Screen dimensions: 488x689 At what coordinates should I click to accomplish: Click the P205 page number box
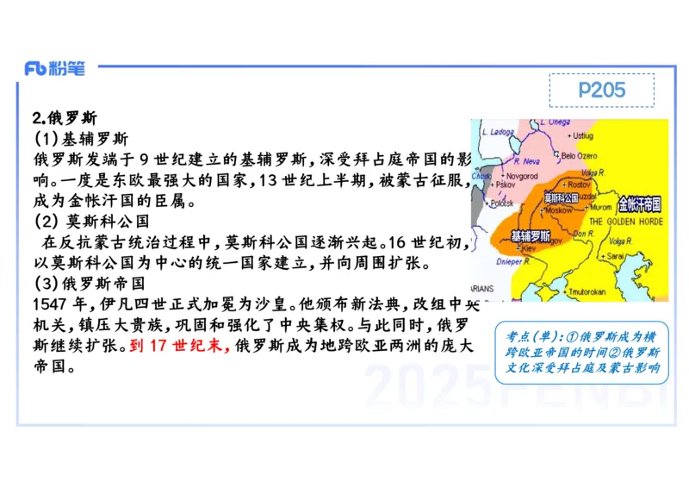coord(601,90)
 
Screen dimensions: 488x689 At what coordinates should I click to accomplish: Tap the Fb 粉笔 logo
coord(55,69)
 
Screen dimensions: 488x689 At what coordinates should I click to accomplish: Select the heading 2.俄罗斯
coord(65,118)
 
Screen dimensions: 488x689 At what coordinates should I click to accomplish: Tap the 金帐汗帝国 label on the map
coord(639,204)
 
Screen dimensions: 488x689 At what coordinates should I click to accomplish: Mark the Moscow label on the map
coord(560,210)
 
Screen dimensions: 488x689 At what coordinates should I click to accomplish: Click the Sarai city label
coord(615,256)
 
